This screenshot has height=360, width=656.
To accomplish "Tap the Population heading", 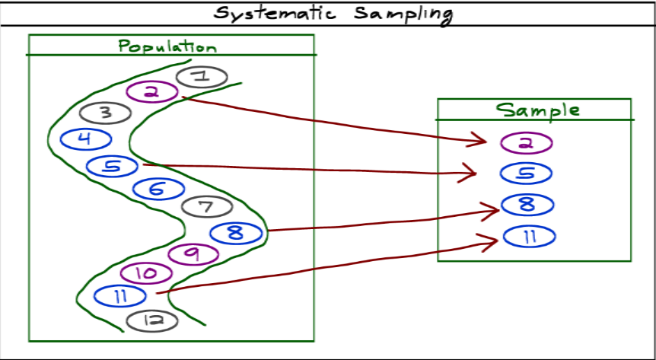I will coord(167,46).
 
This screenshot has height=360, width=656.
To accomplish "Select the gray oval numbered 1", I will coord(202,76).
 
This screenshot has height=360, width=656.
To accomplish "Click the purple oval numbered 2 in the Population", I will coord(151,92).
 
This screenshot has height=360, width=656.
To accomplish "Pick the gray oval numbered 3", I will coord(106,113).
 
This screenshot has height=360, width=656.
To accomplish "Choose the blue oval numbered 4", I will coord(85,139).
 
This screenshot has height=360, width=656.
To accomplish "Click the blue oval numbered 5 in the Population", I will coord(112,165).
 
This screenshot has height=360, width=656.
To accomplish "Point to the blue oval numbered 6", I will coord(158,188).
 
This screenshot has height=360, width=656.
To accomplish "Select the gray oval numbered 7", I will coord(206,206).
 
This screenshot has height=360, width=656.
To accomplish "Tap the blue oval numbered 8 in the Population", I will coord(236,232).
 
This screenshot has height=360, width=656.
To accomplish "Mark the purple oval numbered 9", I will coord(193,253).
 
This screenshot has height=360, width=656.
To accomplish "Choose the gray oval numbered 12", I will coord(151,320).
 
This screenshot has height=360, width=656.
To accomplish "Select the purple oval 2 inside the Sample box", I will coord(527,142).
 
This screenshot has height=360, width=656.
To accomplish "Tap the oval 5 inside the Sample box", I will coord(526,174).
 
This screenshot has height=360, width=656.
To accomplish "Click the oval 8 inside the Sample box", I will coord(526,205).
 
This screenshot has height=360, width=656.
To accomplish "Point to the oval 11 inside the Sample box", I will coord(527,236).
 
